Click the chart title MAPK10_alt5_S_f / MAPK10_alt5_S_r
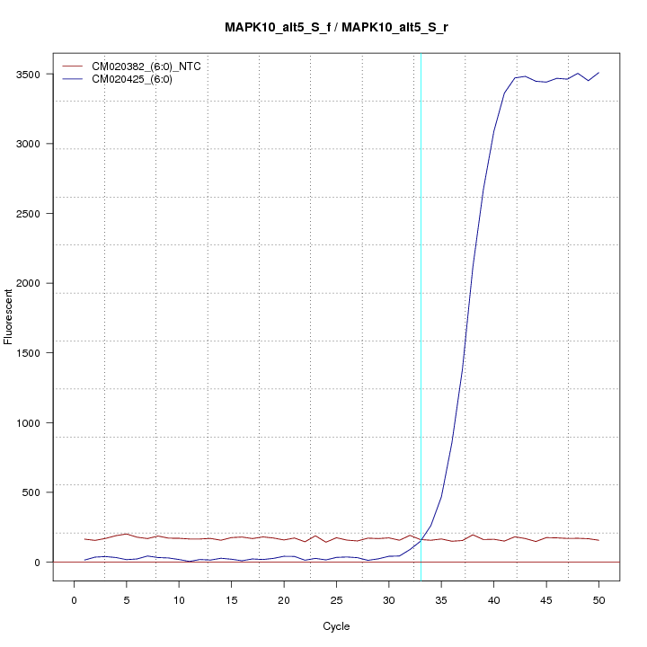coord(337,27)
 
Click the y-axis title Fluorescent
coord(9,315)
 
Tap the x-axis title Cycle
coord(336,626)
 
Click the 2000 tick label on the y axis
coord(36,283)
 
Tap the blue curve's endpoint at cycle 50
coord(598,73)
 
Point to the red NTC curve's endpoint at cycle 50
coord(598,540)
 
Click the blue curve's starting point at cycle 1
coord(84,560)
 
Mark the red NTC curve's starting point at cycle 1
coord(84,539)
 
